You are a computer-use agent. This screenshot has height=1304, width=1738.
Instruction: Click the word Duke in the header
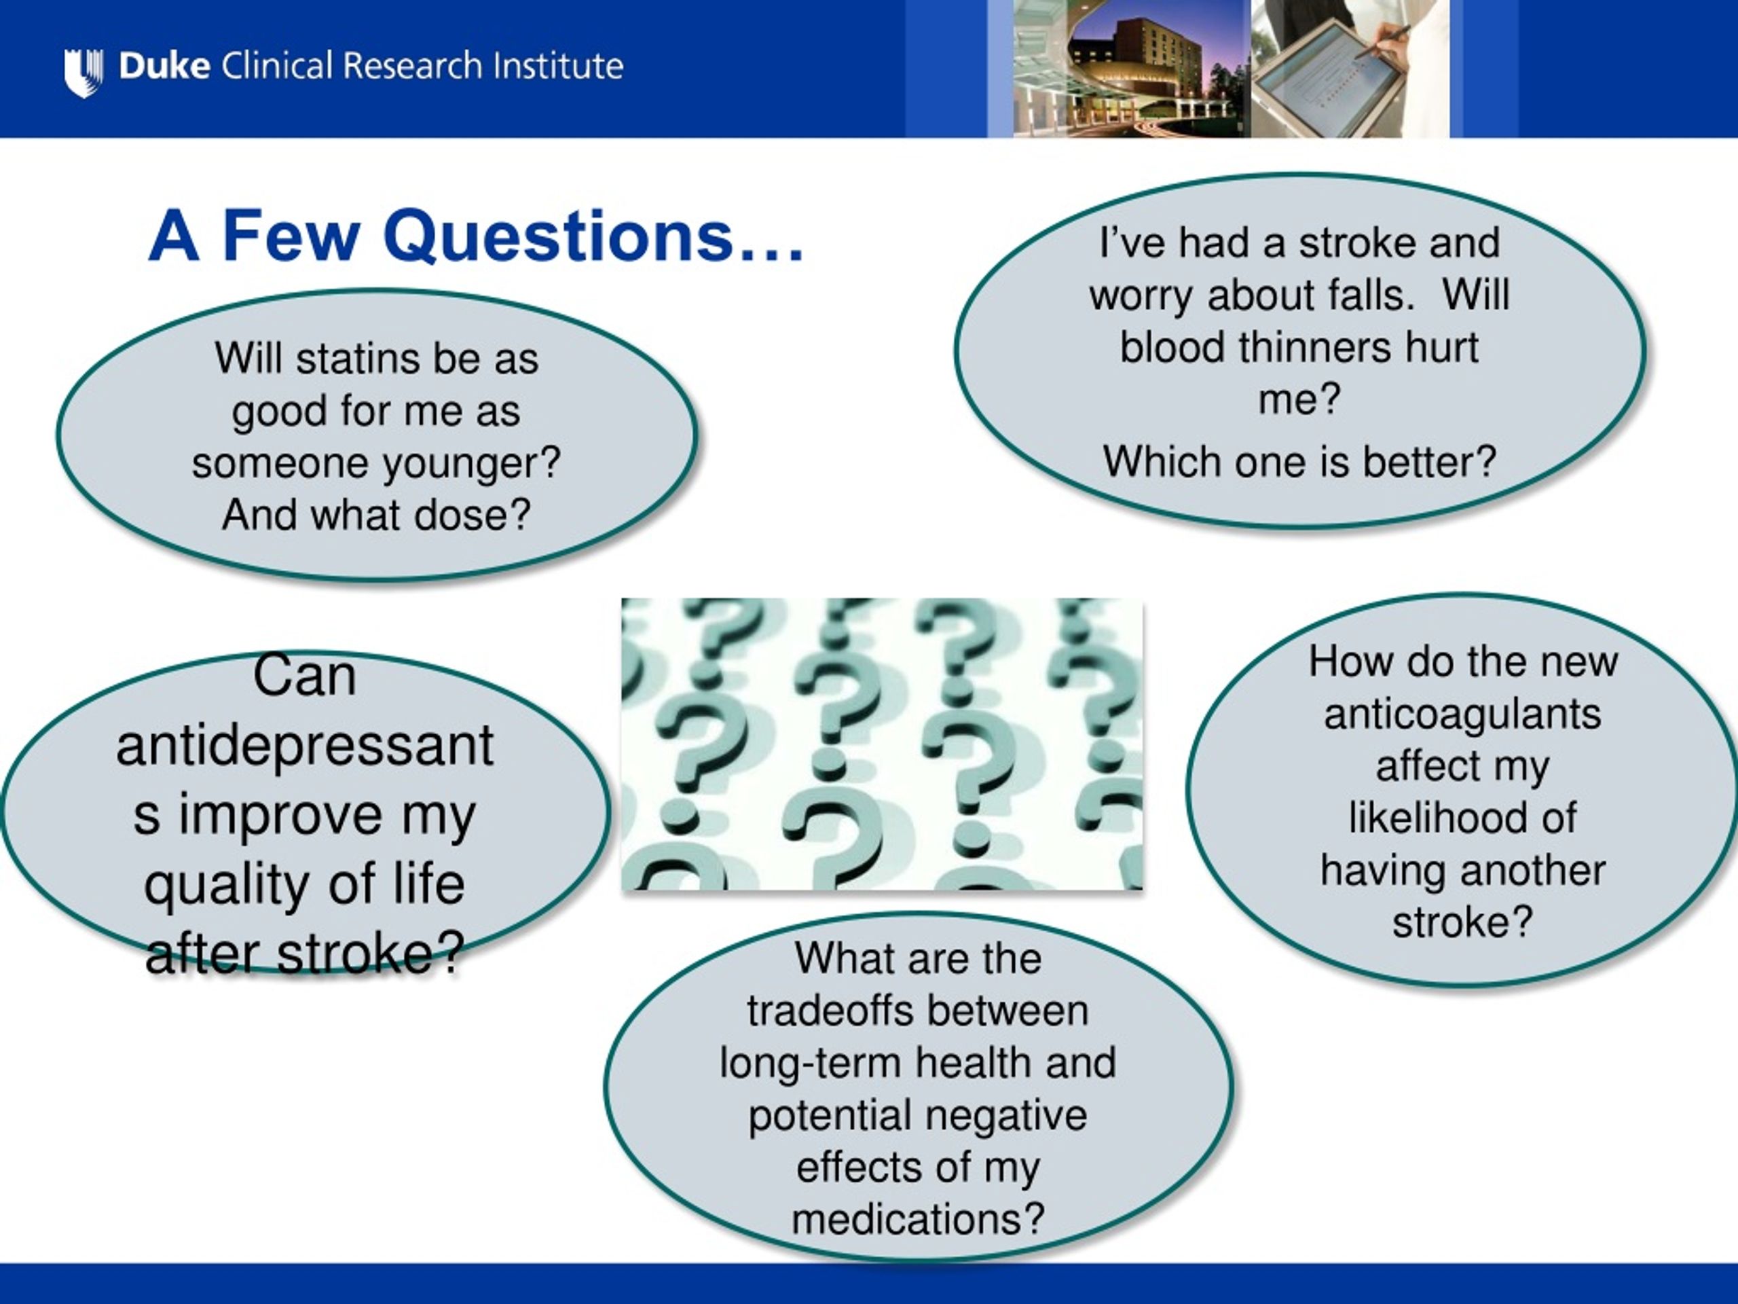(164, 66)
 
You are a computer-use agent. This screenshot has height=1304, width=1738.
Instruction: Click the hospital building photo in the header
(1132, 69)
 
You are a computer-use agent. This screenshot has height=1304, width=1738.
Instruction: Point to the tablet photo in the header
(1350, 69)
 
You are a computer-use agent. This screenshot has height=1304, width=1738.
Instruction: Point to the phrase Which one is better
(1299, 461)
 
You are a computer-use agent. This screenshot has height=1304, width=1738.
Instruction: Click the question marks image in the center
(882, 744)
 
